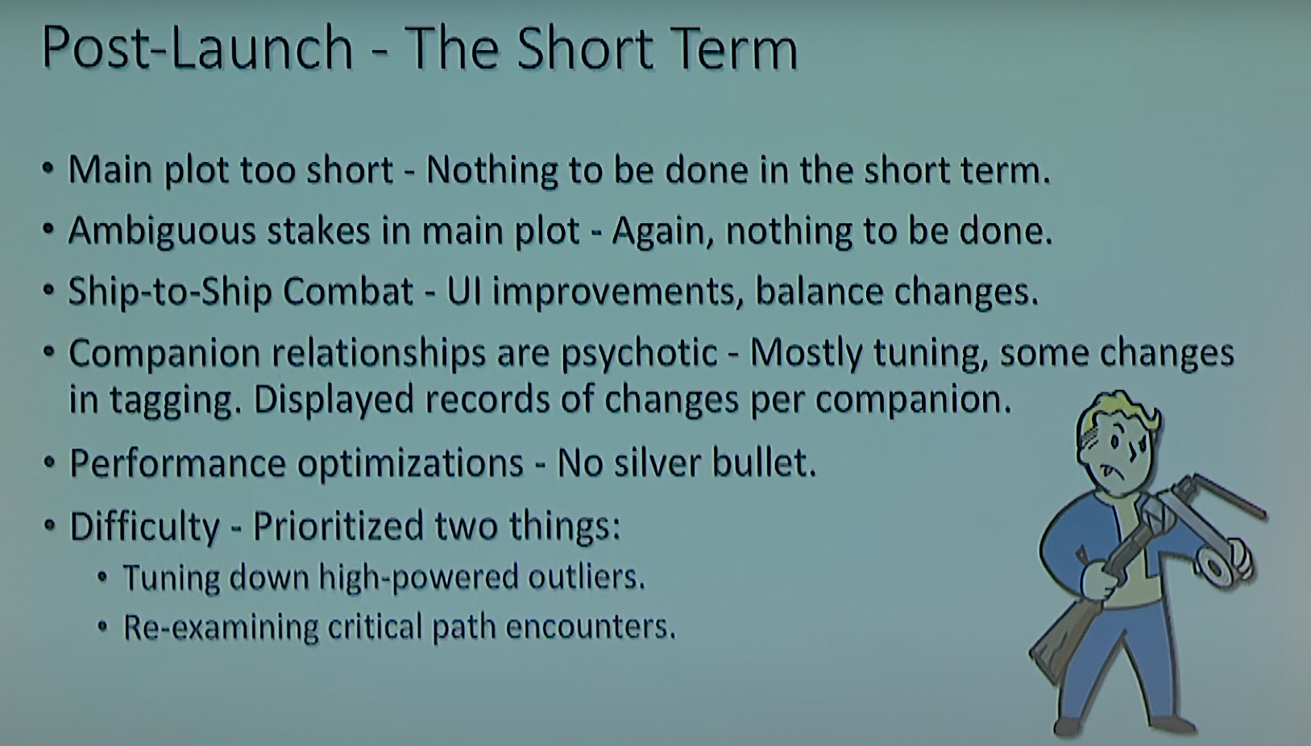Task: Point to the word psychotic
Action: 639,354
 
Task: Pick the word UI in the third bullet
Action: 464,291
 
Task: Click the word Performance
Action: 178,463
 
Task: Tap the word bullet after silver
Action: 764,462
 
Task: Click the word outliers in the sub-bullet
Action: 587,577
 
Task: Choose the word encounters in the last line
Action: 591,627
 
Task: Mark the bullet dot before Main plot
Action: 48,168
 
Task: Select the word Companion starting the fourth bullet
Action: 164,354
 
